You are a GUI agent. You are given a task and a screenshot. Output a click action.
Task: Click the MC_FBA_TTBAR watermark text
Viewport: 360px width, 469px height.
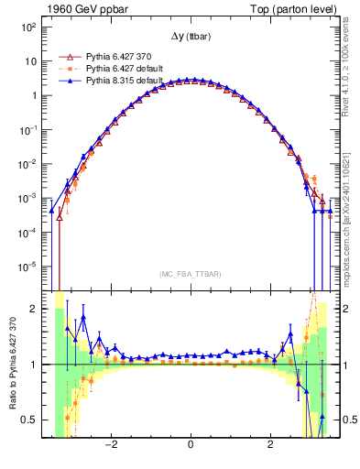[x=190, y=274]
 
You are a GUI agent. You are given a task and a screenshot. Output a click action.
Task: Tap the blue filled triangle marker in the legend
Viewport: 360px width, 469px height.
[x=66, y=80]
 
